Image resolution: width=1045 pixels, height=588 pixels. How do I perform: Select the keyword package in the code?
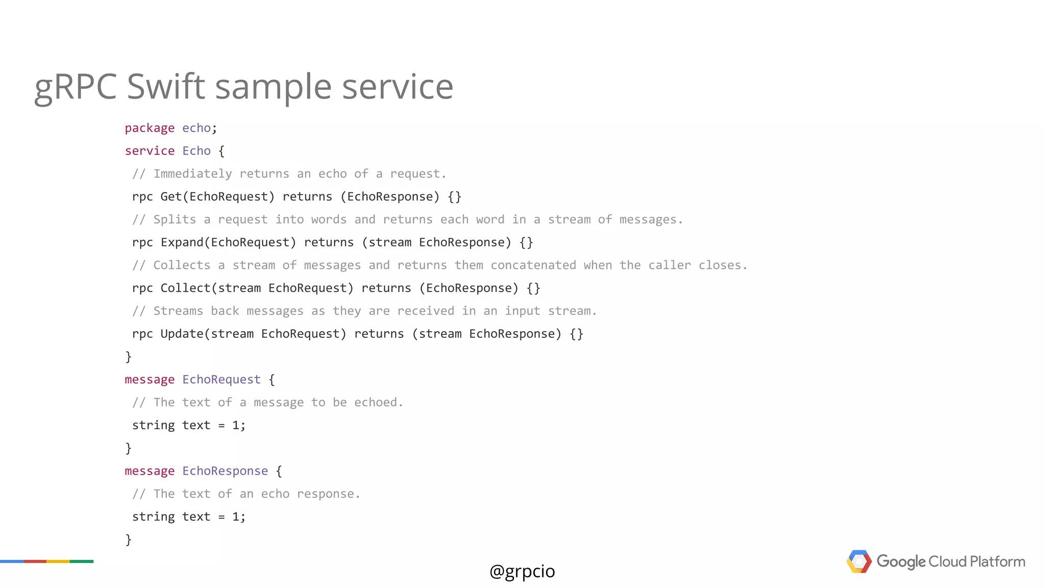point(150,128)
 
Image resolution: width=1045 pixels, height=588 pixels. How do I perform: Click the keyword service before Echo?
point(150,151)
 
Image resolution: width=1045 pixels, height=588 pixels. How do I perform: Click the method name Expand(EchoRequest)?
point(228,242)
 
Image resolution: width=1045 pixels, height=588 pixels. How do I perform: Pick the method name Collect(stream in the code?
point(210,288)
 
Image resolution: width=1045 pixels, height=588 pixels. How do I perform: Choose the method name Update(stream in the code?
point(207,334)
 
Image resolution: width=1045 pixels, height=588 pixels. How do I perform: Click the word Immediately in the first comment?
point(192,174)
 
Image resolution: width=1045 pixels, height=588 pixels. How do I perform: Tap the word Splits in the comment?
point(175,219)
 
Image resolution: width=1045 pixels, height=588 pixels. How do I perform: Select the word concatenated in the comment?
point(533,265)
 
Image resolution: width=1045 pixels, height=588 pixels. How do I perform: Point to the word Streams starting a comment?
point(178,311)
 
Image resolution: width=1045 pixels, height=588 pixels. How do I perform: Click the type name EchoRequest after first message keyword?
point(221,380)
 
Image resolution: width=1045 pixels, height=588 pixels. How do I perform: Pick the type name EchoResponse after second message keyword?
point(225,471)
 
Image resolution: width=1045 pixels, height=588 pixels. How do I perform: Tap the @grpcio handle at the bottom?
point(522,571)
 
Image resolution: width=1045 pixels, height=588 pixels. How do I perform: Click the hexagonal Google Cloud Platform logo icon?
point(859,561)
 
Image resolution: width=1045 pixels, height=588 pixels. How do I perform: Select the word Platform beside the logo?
point(997,561)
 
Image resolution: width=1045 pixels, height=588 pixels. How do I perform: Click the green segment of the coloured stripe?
point(82,561)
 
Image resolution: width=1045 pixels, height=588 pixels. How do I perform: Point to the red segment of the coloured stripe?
point(35,561)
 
